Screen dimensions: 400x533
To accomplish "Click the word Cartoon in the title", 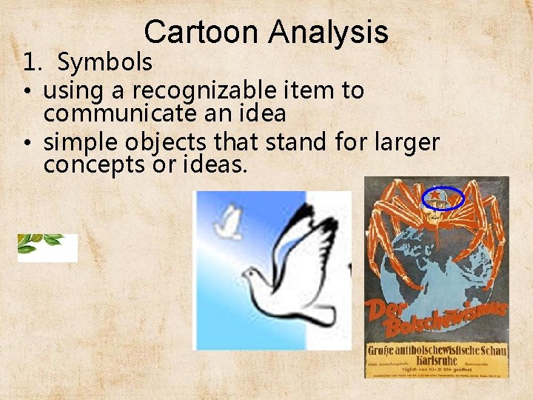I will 202,32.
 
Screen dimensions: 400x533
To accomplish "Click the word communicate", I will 119,114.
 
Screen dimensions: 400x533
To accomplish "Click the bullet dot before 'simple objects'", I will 26,141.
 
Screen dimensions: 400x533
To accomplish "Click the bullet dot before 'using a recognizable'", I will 26,91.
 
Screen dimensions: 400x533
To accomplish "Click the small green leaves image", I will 47,247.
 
